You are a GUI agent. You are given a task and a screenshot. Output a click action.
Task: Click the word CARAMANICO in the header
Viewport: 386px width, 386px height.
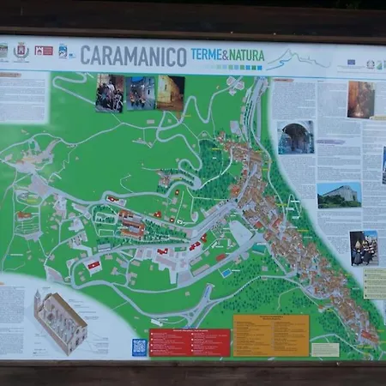coord(133,57)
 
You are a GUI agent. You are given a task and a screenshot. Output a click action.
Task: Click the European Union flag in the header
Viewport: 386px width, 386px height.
coord(351,63)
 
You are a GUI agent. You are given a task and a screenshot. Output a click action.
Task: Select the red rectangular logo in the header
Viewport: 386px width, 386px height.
coord(43,51)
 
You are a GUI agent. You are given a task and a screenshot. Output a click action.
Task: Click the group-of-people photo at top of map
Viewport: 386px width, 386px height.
coord(110,93)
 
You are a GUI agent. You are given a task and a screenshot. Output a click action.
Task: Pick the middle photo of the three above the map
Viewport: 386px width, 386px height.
coord(141,93)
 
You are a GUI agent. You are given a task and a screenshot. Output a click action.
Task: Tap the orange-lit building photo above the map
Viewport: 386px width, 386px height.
coord(170,93)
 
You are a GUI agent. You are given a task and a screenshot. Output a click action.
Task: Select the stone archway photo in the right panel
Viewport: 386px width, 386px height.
coord(296,137)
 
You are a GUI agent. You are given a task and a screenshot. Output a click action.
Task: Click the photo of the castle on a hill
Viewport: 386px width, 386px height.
coord(338,195)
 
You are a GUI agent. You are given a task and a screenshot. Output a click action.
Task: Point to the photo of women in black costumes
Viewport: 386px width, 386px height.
coord(363,248)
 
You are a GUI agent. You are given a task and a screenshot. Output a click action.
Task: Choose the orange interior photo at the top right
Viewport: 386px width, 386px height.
coord(360,100)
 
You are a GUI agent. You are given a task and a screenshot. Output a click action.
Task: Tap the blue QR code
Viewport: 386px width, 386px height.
coord(139,347)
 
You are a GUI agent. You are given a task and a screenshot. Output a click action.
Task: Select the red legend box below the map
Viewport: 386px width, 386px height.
coord(190,342)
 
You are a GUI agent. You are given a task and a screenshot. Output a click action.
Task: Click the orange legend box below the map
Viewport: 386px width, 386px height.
coord(270,335)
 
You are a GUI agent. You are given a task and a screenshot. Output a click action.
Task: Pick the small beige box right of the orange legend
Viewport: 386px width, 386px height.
coord(325,349)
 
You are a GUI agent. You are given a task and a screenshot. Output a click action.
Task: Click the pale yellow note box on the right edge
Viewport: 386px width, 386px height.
coord(375,282)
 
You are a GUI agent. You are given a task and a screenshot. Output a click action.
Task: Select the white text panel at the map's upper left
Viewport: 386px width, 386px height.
coord(24,97)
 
